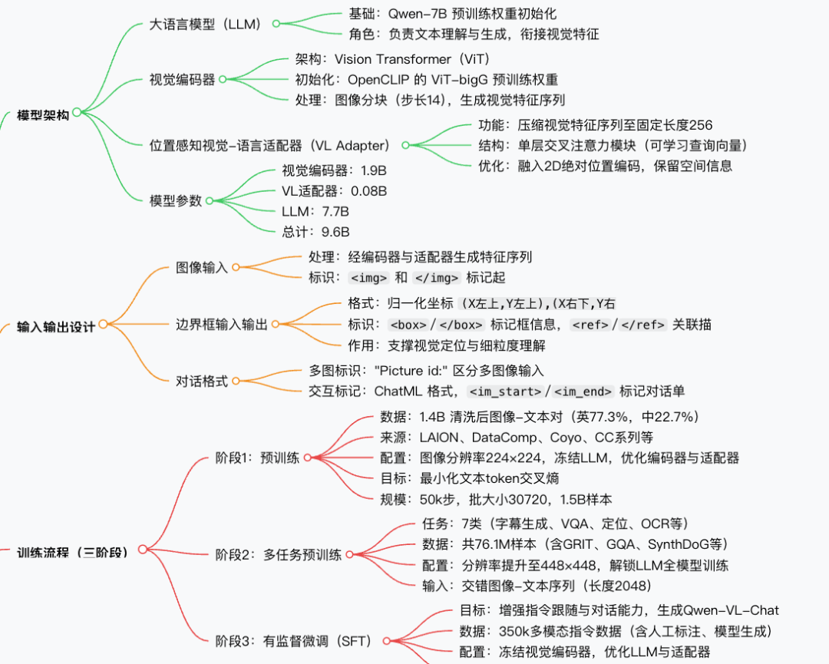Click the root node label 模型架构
(x=43, y=115)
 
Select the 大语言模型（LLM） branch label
(x=206, y=24)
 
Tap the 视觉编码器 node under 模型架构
(x=182, y=79)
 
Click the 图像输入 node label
(x=202, y=267)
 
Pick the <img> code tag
(x=368, y=278)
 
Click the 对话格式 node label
(x=202, y=381)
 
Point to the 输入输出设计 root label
(x=56, y=326)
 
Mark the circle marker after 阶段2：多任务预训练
(x=348, y=554)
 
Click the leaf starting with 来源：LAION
(x=517, y=437)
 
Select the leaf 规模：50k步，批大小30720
(x=496, y=499)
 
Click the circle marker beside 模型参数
(x=209, y=200)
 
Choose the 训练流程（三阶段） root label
(x=72, y=550)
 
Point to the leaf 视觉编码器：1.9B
(x=334, y=170)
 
